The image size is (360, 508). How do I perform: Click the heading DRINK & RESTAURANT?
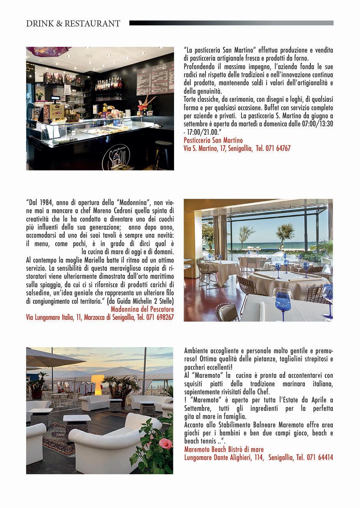pos(73,23)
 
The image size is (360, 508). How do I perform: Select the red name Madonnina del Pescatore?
pos(142,309)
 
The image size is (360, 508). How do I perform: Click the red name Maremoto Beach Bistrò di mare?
pos(224,449)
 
